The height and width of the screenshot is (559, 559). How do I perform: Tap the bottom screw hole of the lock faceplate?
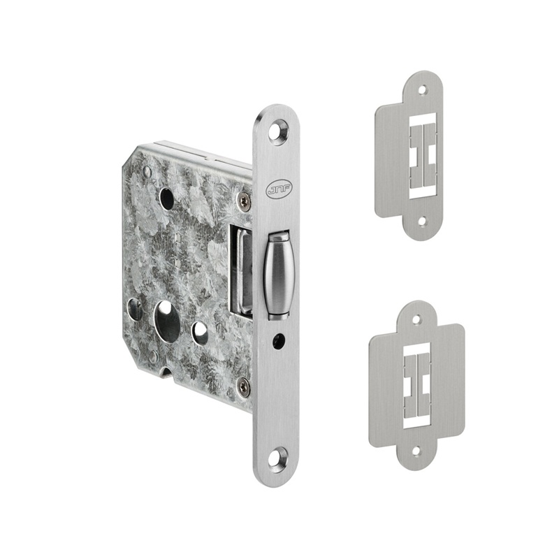(279, 458)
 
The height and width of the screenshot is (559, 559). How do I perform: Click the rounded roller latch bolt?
(278, 275)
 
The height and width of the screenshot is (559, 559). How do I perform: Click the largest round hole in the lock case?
(168, 321)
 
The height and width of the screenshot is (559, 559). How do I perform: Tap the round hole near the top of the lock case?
(167, 198)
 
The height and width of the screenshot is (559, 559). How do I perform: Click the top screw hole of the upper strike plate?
(423, 91)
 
